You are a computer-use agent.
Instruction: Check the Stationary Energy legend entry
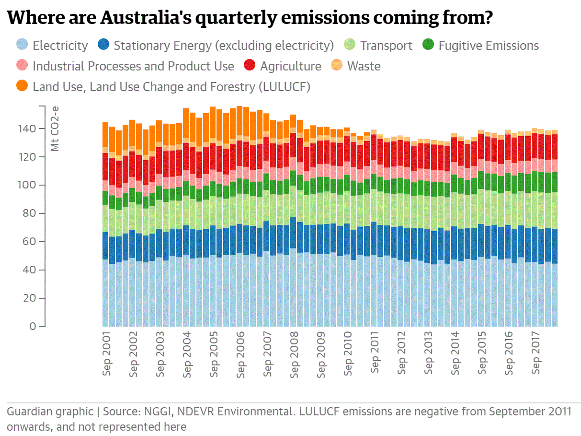(223, 46)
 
